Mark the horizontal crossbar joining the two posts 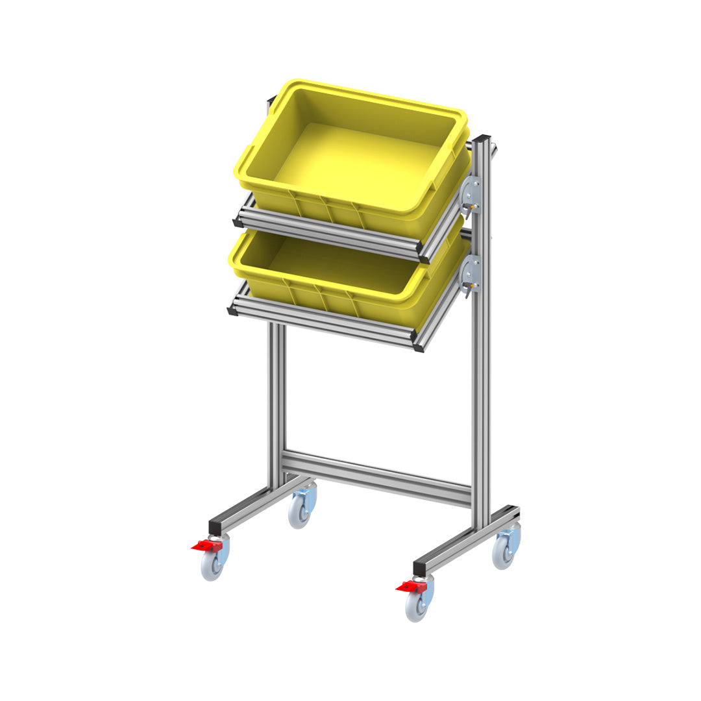click(376, 477)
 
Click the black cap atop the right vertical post click(482, 138)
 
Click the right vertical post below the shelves click(481, 402)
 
